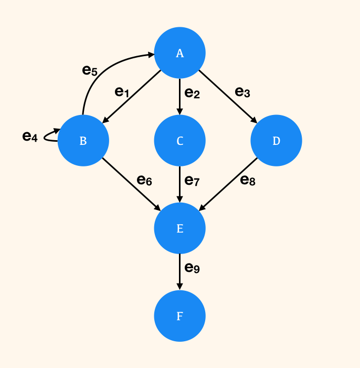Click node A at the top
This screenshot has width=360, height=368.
point(180,53)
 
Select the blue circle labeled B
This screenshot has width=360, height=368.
point(83,141)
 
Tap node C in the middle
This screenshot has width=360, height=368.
point(180,141)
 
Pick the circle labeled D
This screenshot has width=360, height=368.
point(276,141)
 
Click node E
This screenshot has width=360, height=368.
point(180,228)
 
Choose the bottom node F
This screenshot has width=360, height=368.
point(180,316)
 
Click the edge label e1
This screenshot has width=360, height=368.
point(122,92)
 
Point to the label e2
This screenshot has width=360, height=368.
point(192,93)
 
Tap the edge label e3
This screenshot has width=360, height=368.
point(242,92)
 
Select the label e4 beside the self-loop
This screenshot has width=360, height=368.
point(30,136)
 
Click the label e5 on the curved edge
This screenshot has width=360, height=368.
point(90,70)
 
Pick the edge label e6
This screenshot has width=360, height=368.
point(144,180)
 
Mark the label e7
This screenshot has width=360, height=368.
point(192,181)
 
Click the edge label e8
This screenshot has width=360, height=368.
point(248,181)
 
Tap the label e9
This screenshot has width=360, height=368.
point(192,268)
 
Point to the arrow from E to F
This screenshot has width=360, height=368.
point(180,272)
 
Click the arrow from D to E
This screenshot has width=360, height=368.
point(228,184)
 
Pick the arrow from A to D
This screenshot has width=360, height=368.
point(228,97)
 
